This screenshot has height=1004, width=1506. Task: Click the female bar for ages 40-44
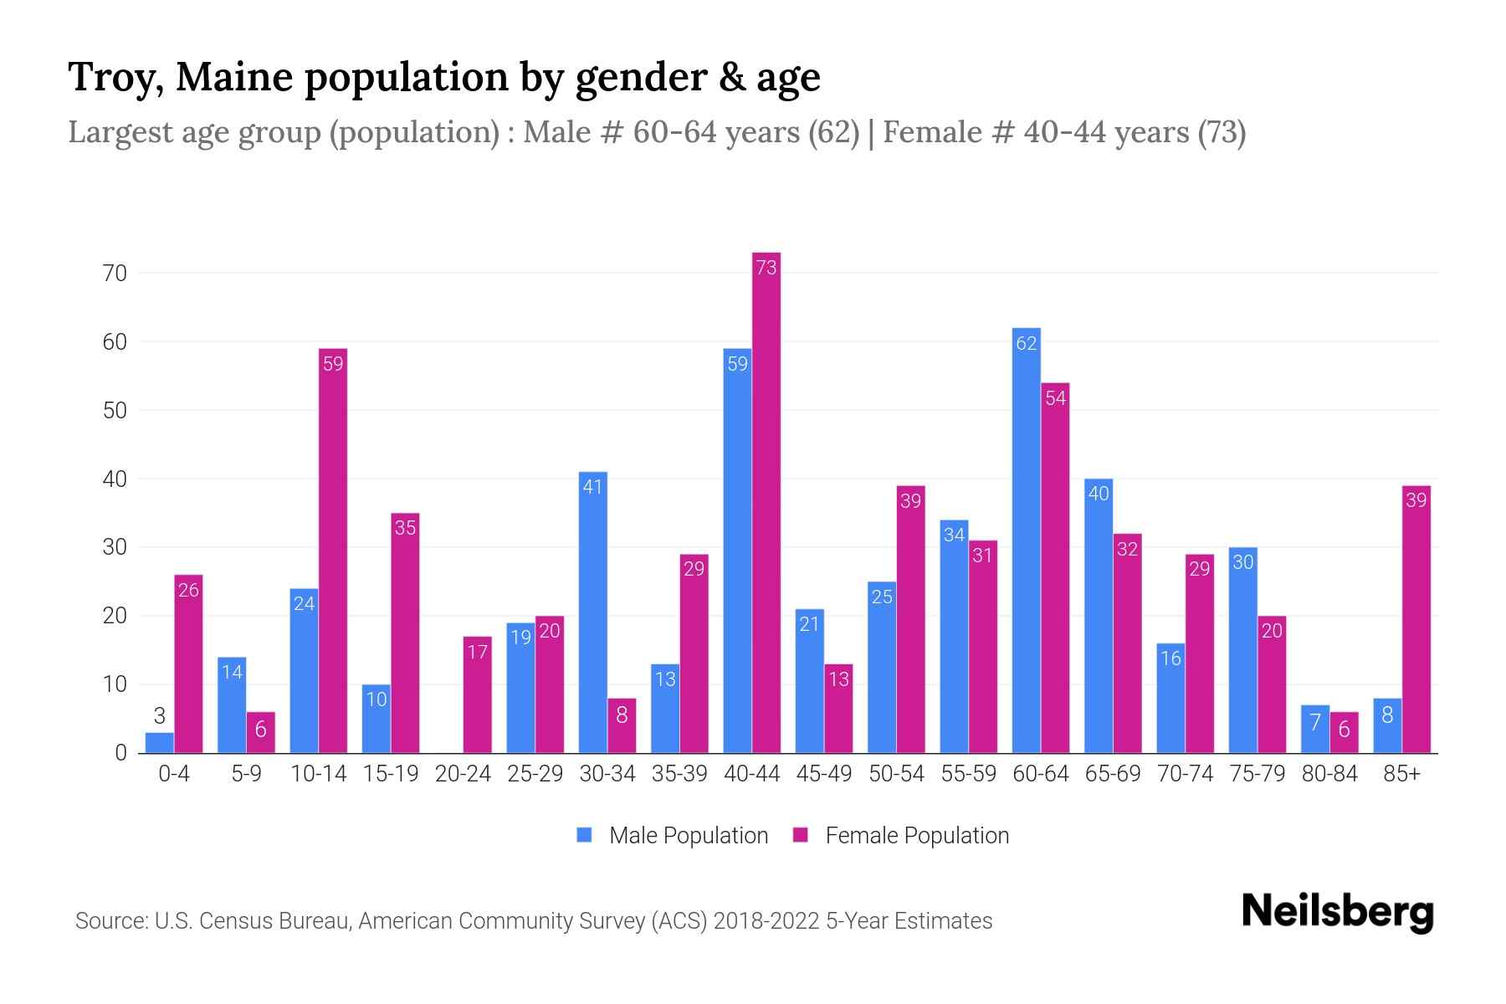point(766,502)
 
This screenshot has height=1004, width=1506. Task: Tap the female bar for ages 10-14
point(333,552)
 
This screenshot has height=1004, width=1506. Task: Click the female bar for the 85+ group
point(1416,619)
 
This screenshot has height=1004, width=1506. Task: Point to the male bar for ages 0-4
point(159,743)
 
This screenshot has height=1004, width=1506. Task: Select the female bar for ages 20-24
point(477,694)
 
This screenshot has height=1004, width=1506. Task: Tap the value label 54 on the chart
point(1055,398)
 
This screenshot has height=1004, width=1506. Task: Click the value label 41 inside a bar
point(592,487)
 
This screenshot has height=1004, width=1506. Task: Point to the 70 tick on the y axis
point(115,274)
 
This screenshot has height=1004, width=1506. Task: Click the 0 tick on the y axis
point(120,753)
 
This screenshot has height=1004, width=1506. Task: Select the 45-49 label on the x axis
point(823,774)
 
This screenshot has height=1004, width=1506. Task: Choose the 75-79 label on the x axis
point(1257,774)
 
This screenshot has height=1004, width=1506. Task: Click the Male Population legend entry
point(688,836)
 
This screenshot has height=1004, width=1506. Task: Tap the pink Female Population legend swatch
point(801,835)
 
